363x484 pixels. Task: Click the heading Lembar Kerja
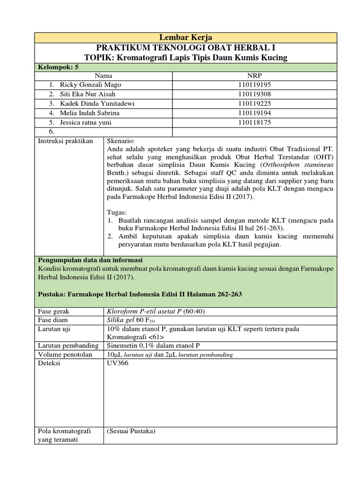(185, 38)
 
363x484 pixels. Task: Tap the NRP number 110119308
(254, 94)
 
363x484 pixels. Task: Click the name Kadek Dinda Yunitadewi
(95, 103)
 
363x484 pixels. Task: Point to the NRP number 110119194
(254, 112)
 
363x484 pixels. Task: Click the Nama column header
(104, 75)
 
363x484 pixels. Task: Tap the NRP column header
(254, 75)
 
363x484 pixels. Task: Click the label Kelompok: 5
(57, 67)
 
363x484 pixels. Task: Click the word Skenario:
(121, 141)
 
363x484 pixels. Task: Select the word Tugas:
(117, 212)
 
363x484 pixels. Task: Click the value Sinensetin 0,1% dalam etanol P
(154, 346)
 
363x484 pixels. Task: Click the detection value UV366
(117, 363)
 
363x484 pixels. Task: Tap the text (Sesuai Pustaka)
(131, 431)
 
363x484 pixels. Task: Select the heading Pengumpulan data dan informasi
(90, 260)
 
